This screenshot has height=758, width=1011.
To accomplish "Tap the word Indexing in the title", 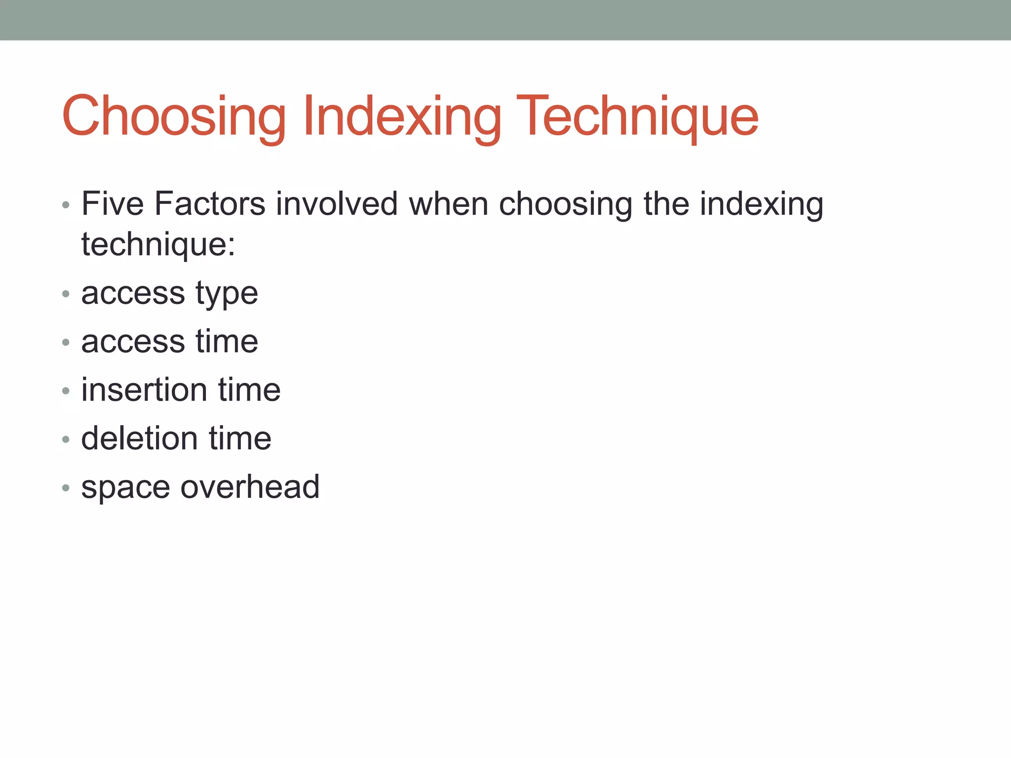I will pyautogui.click(x=402, y=116).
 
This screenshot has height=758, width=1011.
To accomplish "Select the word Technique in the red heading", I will pyautogui.click(x=637, y=116).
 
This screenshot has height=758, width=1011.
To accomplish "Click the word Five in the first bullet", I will pyautogui.click(x=113, y=203).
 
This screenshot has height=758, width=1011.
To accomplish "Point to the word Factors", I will pyautogui.click(x=210, y=203).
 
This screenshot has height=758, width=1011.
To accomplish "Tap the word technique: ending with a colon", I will pyautogui.click(x=158, y=245).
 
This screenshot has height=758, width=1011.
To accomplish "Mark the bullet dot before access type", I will pyautogui.click(x=66, y=295).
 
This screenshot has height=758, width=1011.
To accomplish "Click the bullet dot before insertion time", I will pyautogui.click(x=66, y=391).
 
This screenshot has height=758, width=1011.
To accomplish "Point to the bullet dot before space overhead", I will pyautogui.click(x=66, y=488).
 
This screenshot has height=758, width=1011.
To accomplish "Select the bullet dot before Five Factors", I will pyautogui.click(x=66, y=205).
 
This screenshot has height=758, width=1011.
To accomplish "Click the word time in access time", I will pyautogui.click(x=227, y=341).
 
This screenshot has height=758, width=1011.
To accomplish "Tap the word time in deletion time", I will pyautogui.click(x=240, y=438).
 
